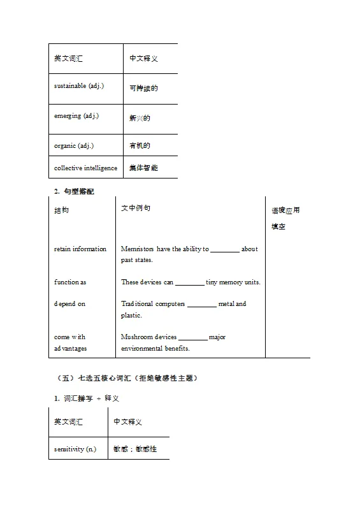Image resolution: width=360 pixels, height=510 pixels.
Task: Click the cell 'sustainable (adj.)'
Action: click(x=79, y=86)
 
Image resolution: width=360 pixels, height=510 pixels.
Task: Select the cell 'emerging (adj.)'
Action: click(x=76, y=116)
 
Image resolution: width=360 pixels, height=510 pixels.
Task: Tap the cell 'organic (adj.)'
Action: click(x=74, y=145)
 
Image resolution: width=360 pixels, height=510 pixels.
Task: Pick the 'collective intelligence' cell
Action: click(x=85, y=168)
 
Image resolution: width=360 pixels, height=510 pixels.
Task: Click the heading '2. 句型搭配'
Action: click(x=74, y=191)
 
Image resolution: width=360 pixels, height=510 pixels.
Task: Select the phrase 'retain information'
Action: click(x=80, y=249)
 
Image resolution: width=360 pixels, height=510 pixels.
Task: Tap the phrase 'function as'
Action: click(x=70, y=282)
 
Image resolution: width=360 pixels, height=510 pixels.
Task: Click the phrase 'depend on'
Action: click(x=69, y=303)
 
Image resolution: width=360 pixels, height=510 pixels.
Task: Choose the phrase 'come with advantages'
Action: click(x=70, y=342)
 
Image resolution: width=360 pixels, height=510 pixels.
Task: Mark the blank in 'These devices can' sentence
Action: click(x=189, y=282)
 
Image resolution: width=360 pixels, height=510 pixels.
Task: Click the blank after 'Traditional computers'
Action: click(x=202, y=305)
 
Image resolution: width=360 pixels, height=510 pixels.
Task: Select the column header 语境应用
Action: click(x=285, y=210)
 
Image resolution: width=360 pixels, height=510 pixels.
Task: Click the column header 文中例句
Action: click(x=136, y=208)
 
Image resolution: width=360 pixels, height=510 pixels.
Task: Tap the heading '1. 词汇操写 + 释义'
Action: click(x=87, y=398)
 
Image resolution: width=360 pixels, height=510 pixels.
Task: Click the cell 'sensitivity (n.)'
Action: click(x=75, y=449)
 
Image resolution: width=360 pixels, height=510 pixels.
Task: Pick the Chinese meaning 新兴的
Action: click(x=140, y=118)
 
